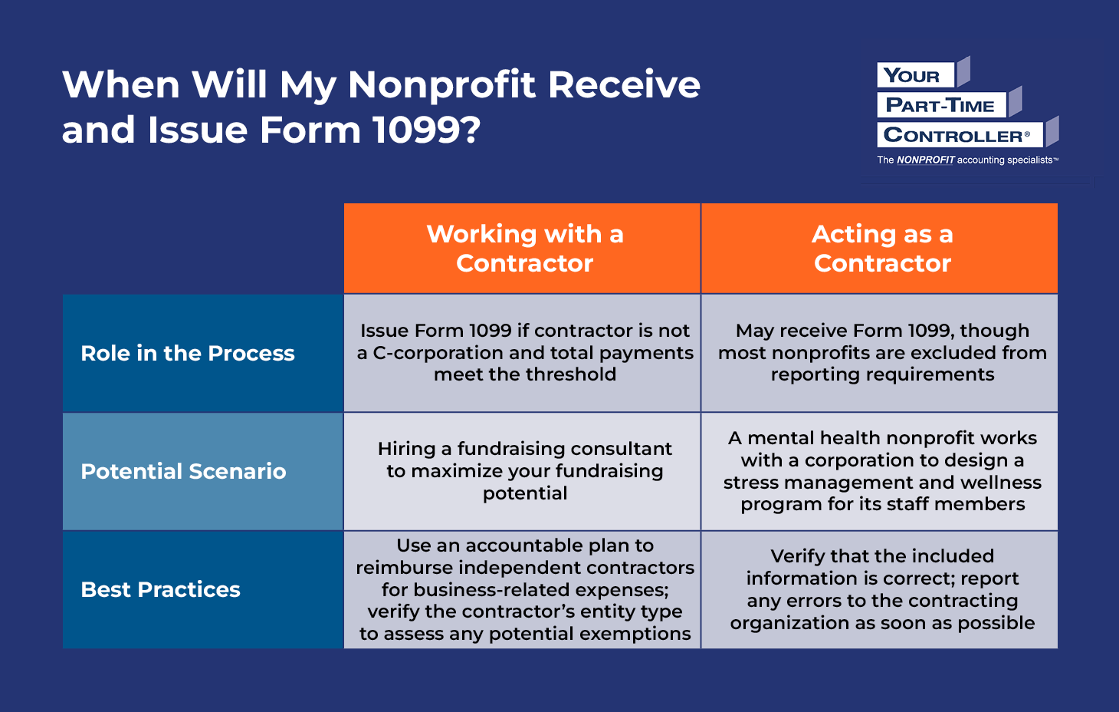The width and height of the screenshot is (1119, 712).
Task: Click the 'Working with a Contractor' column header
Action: point(524,248)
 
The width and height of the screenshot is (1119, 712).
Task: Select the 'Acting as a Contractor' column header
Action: point(881,248)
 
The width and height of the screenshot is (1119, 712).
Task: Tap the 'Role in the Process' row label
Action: point(188,353)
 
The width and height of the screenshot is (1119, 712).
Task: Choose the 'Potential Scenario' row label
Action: point(183,471)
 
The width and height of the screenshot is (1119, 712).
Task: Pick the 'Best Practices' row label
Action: point(160,589)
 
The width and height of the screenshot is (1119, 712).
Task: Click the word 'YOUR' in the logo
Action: point(911,76)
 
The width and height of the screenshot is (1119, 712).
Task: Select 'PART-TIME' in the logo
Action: point(940,106)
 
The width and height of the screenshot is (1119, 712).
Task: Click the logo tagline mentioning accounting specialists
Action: point(967,160)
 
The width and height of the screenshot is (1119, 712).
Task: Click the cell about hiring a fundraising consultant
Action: point(524,470)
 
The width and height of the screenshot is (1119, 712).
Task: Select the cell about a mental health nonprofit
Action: point(881,470)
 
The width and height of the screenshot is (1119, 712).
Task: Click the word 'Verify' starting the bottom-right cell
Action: point(797,556)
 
